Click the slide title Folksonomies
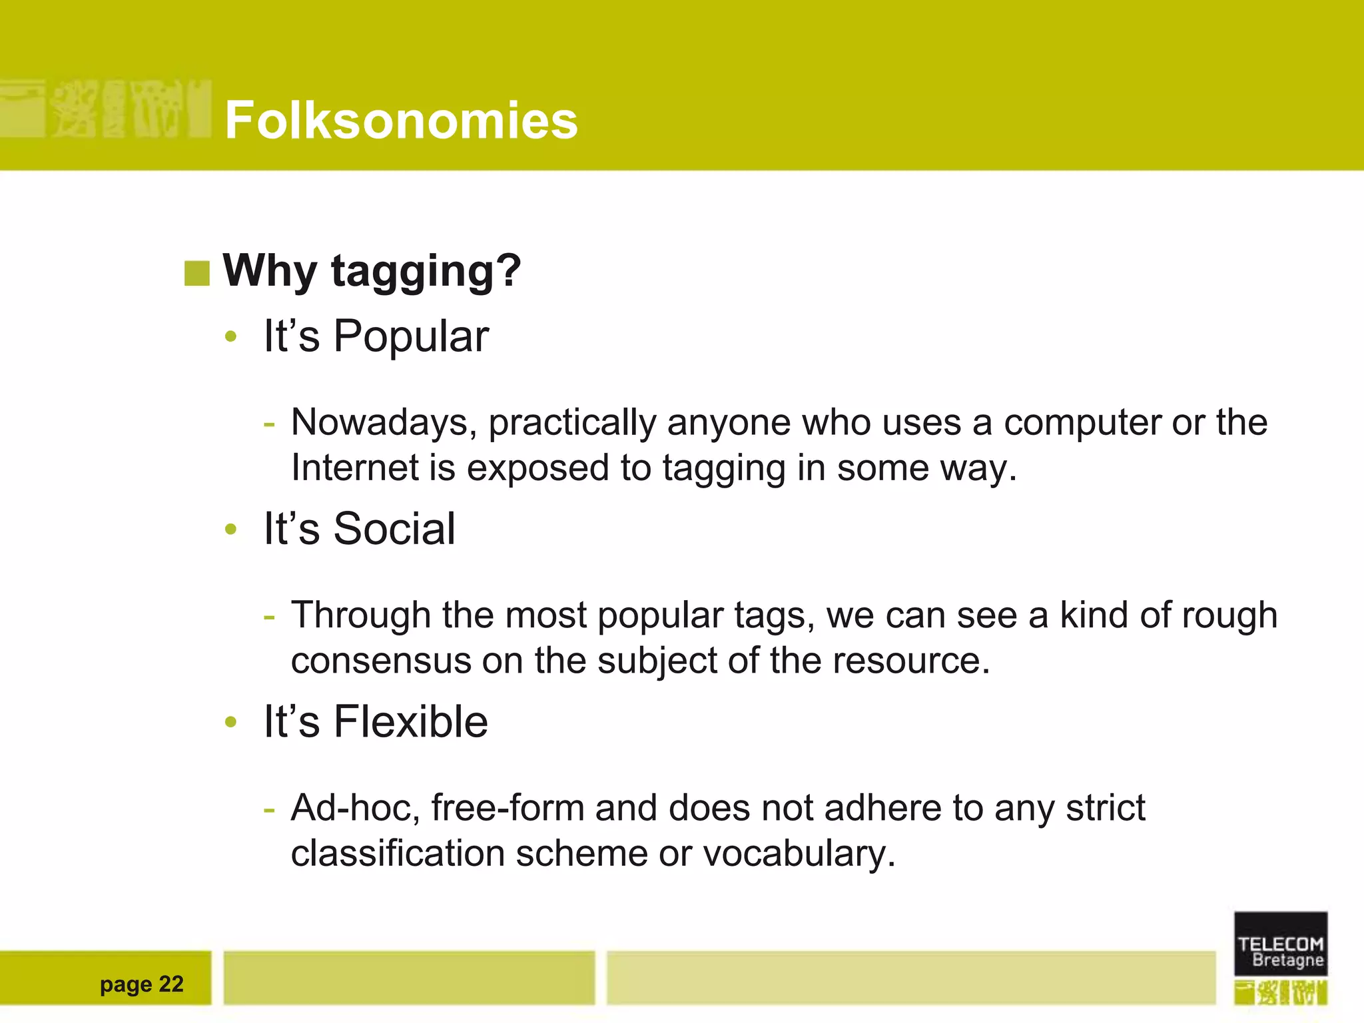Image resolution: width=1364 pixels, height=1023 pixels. point(401,120)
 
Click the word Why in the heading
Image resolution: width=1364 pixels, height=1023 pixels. point(270,271)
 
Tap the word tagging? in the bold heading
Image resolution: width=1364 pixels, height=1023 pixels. point(426,271)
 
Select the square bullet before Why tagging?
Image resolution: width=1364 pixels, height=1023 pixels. point(197,273)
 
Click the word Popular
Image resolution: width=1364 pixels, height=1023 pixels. point(411,336)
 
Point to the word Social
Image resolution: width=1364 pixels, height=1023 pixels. point(394,529)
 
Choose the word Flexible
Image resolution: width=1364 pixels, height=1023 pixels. point(411,721)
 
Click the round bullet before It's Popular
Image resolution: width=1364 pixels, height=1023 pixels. point(231,337)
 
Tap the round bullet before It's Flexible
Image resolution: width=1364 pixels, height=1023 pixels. point(231,722)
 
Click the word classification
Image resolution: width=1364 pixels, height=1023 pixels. point(398,854)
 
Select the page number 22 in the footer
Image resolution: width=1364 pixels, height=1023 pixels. point(171,984)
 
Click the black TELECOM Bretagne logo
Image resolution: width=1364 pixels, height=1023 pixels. point(1280,943)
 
